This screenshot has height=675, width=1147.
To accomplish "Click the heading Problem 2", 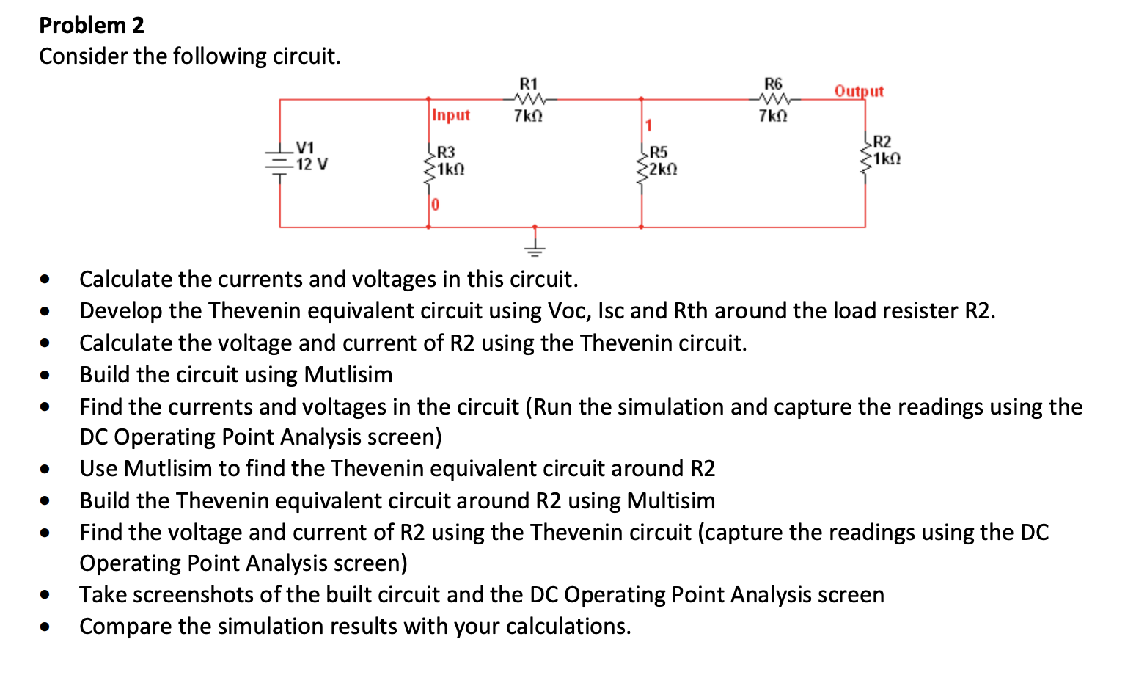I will click(x=92, y=25).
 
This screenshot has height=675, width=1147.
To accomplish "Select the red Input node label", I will click(x=451, y=115).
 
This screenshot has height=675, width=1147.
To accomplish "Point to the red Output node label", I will click(x=859, y=91).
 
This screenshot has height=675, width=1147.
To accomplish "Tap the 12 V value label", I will click(x=312, y=164).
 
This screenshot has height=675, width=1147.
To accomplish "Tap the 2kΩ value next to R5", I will click(x=663, y=169).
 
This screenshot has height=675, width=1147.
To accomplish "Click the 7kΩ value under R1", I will click(x=528, y=116).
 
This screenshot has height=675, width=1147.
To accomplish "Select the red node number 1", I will click(x=648, y=125).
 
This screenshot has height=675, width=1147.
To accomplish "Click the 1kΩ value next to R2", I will click(x=887, y=158).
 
